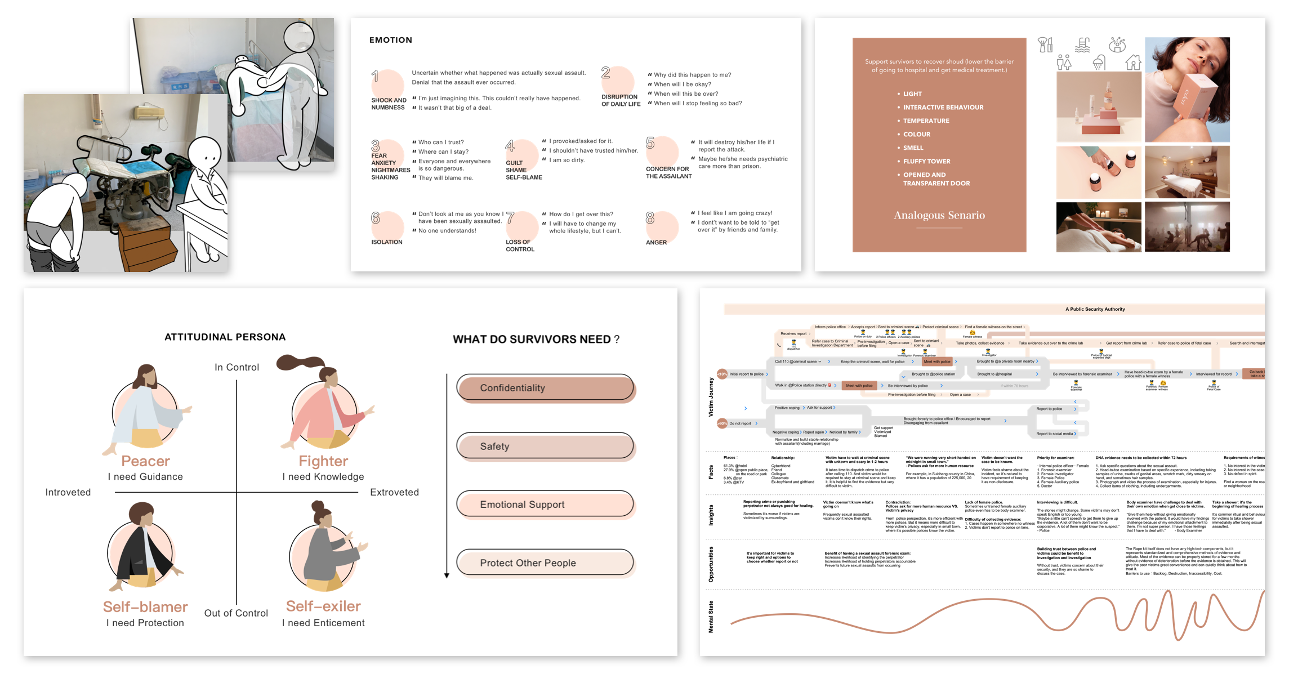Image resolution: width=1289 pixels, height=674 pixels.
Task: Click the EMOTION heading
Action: [x=390, y=40]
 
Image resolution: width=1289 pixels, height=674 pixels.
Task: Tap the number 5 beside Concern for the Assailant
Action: [x=650, y=143]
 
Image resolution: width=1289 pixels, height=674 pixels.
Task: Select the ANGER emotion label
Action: [x=656, y=243]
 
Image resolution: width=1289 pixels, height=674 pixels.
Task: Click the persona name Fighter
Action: [x=323, y=461]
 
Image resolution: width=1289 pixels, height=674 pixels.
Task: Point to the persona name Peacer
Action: [x=145, y=461]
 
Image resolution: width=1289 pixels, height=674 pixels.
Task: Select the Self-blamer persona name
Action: [x=145, y=606]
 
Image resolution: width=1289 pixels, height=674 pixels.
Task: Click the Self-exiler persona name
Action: [x=323, y=606]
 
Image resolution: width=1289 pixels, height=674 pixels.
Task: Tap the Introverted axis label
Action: [x=68, y=492]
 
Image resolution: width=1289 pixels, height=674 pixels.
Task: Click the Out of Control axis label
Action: [x=236, y=613]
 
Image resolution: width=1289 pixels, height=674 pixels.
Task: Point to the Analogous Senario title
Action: [x=939, y=215]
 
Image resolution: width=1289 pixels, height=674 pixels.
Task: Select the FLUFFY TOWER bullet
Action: [x=926, y=162]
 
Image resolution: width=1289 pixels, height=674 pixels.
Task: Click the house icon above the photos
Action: [x=1133, y=63]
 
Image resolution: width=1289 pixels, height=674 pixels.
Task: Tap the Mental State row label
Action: [x=711, y=617]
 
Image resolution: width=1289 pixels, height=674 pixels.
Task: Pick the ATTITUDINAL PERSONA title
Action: [x=225, y=337]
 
